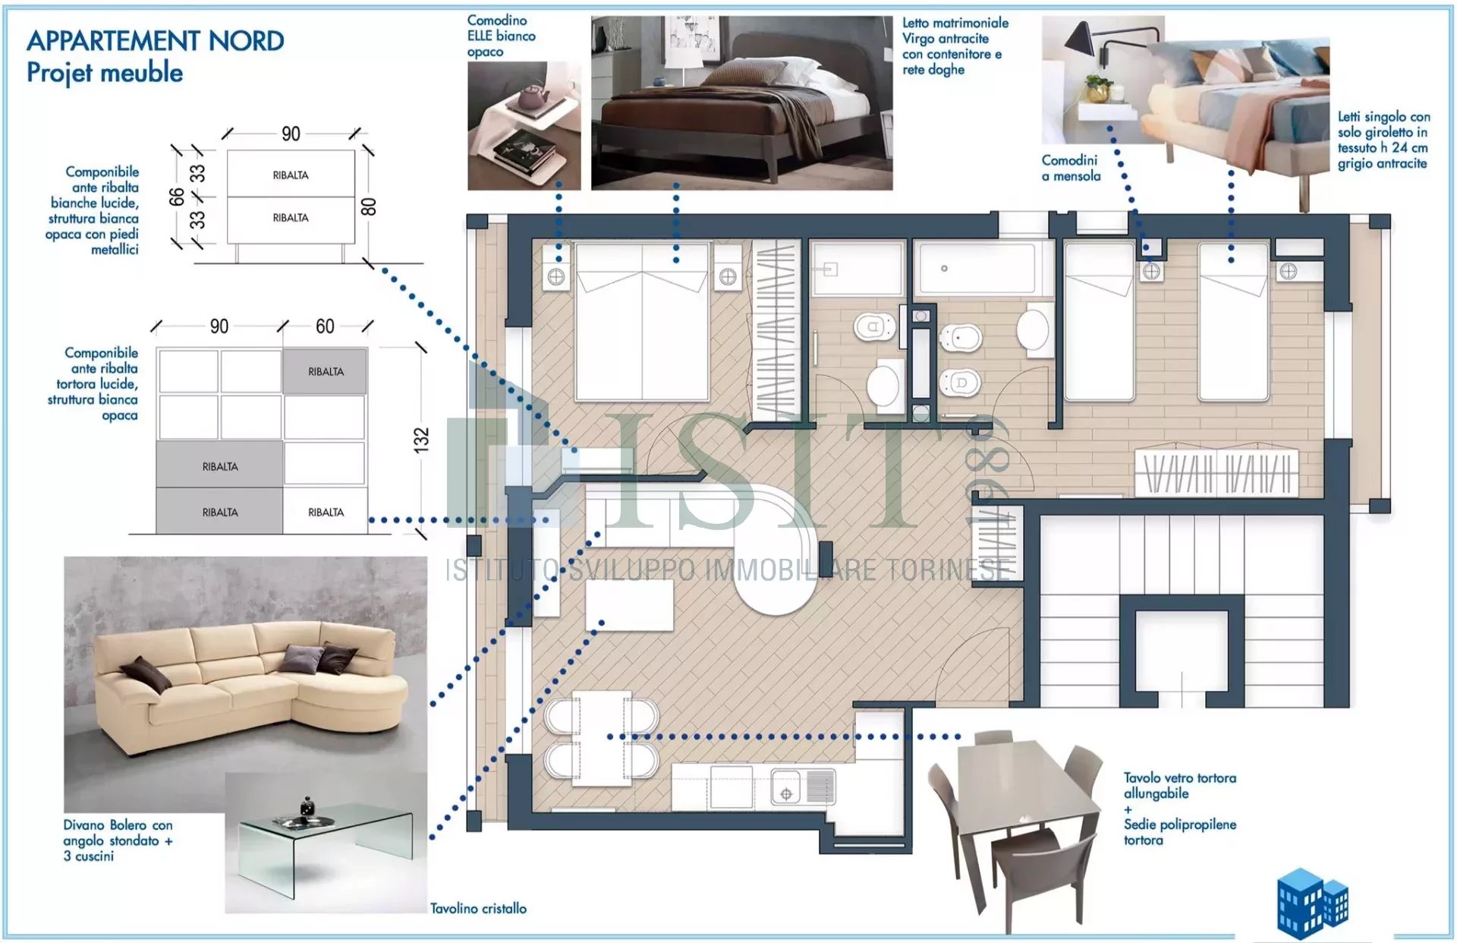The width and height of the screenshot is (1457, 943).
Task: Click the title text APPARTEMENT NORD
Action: click(x=156, y=41)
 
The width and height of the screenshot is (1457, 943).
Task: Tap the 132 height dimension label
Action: click(x=421, y=440)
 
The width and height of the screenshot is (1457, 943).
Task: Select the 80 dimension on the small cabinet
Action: click(x=368, y=207)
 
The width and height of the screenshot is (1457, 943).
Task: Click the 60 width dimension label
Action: click(x=325, y=326)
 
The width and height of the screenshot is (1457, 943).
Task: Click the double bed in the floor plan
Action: click(x=642, y=321)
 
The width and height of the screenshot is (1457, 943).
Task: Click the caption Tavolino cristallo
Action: click(x=478, y=908)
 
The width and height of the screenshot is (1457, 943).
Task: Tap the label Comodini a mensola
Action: click(x=1070, y=168)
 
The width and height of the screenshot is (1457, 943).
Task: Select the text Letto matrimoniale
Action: click(x=955, y=23)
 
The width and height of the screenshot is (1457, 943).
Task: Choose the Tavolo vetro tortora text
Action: click(x=1180, y=778)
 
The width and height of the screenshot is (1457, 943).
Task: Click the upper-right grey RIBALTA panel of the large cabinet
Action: click(x=325, y=371)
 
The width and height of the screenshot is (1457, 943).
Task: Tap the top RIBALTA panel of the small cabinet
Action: click(x=291, y=175)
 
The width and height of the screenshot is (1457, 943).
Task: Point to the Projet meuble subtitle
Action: click(x=105, y=73)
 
